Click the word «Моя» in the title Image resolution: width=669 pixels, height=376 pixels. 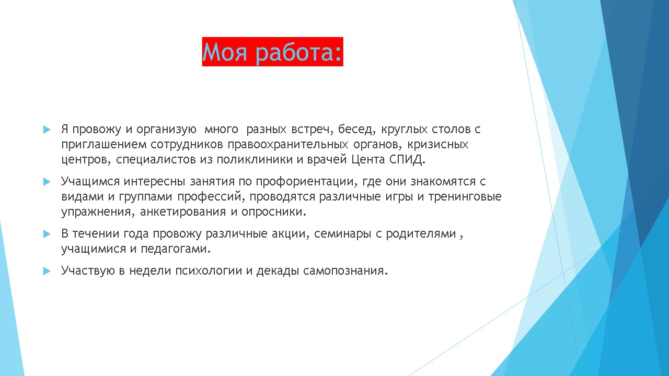coord(225,52)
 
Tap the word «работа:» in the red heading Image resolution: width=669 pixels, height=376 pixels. coord(298,53)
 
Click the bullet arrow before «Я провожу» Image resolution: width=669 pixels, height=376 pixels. coord(47,130)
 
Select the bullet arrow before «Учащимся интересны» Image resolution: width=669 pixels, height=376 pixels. coord(47,181)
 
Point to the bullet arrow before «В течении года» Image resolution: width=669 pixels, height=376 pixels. coord(47,233)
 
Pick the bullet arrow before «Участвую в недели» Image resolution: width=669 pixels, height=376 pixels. coord(47,271)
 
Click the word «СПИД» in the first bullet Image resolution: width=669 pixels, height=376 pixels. coord(406,160)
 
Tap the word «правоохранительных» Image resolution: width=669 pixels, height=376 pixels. coord(288,145)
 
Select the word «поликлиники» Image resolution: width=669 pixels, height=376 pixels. coord(255,160)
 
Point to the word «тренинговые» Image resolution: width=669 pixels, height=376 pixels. coord(465,197)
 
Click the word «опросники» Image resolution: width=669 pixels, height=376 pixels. coord(273,212)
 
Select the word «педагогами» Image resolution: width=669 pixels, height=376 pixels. coord(176,249)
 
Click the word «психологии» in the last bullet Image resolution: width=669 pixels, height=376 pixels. coord(209,271)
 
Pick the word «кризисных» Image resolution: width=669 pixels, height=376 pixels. coord(438,145)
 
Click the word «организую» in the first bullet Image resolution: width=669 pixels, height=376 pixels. coord(166,130)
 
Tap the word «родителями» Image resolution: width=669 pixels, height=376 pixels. coord(421,234)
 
